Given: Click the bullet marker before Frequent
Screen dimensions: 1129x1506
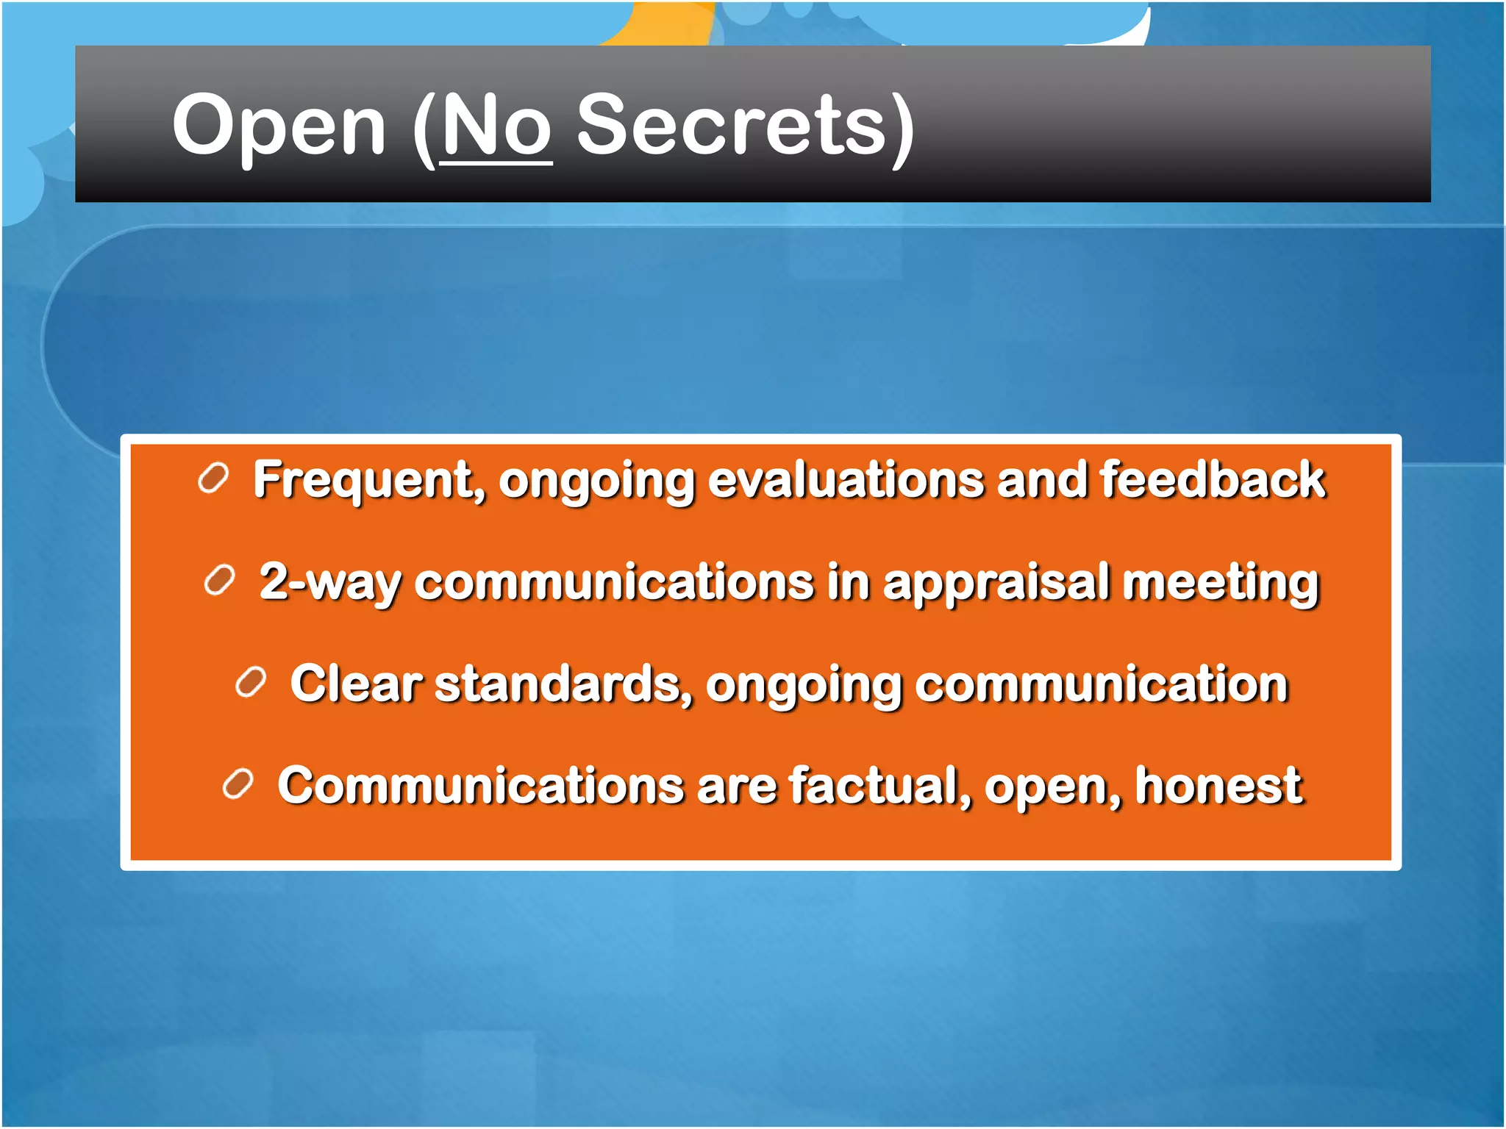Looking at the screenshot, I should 214,479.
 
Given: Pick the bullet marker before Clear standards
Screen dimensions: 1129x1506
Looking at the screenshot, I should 251,683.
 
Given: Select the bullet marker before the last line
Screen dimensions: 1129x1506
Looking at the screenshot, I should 238,784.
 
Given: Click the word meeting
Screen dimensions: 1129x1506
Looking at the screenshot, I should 1221,582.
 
